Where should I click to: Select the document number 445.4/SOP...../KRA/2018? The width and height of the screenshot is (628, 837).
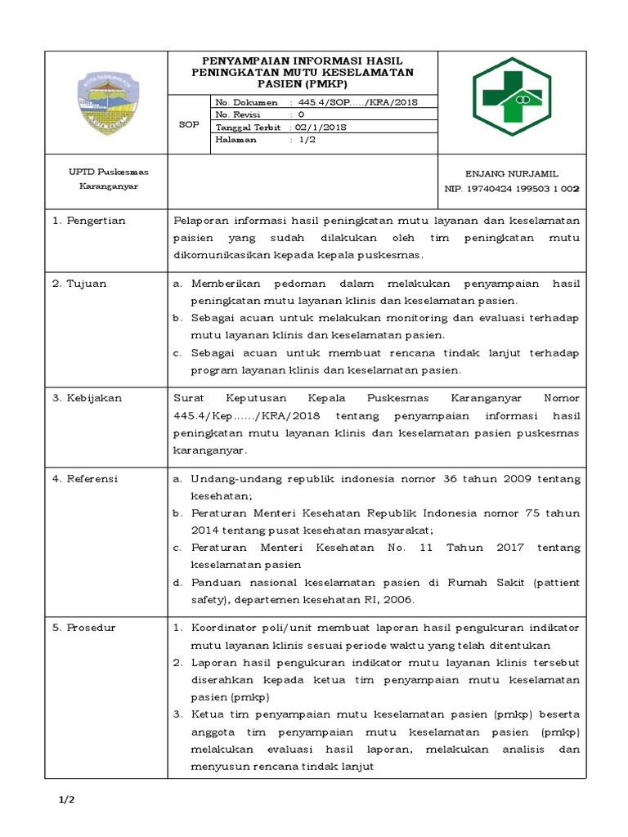(357, 102)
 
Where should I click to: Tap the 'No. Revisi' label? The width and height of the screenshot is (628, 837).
(235, 115)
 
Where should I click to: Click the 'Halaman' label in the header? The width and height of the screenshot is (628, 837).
(235, 140)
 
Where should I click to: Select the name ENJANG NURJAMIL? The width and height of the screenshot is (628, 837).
(512, 173)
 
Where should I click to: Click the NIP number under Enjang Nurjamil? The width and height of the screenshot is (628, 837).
(511, 188)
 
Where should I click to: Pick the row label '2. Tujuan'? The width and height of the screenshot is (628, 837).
(79, 284)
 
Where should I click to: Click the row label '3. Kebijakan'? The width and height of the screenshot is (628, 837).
(87, 398)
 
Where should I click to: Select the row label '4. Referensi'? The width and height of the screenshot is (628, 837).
(85, 479)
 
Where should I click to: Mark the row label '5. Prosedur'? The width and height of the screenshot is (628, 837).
(84, 628)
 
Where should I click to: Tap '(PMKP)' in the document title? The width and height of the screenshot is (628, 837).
(330, 83)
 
